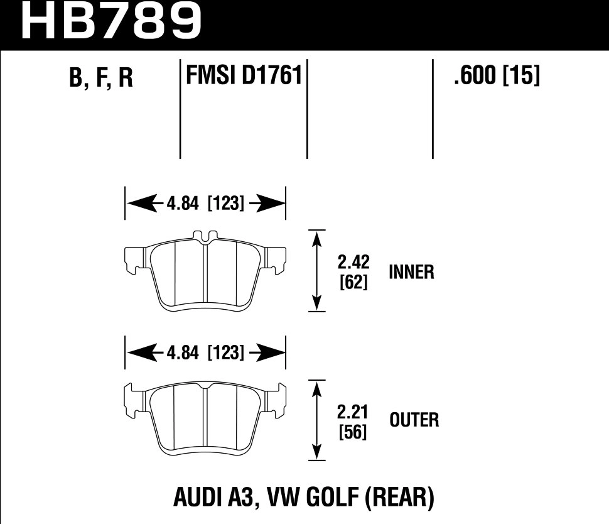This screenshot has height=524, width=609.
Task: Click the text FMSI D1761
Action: click(x=244, y=77)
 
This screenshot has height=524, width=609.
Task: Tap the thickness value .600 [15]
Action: click(x=495, y=77)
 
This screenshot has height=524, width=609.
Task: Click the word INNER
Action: click(x=411, y=272)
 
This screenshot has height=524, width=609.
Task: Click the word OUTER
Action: click(x=414, y=420)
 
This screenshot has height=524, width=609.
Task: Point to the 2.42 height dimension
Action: click(x=352, y=261)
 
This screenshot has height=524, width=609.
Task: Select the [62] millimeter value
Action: click(x=352, y=283)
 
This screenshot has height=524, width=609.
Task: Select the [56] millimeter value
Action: click(x=352, y=432)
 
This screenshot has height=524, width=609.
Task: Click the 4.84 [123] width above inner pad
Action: click(x=206, y=204)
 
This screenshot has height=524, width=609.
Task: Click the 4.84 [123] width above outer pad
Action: click(x=206, y=353)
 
